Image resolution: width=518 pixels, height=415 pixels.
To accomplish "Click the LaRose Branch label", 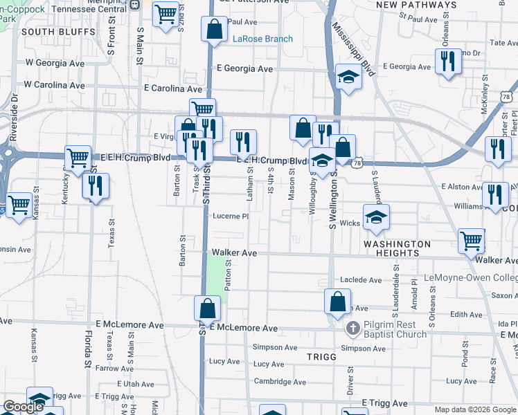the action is [x=262, y=39].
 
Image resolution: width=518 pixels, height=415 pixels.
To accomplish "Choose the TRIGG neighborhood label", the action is [x=321, y=357].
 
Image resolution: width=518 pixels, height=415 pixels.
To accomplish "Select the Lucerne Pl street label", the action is [x=230, y=216].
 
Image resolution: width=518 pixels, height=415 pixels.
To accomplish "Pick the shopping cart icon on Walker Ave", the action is [x=472, y=241].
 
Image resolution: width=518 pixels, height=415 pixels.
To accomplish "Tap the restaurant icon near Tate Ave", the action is [x=449, y=62].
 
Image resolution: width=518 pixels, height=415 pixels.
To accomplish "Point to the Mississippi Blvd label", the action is [x=352, y=49].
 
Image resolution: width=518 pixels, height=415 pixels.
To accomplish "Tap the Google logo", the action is [x=23, y=407].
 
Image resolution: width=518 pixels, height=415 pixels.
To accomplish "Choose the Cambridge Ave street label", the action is [x=280, y=381].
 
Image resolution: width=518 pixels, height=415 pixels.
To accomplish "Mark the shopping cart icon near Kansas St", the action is [x=19, y=205].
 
